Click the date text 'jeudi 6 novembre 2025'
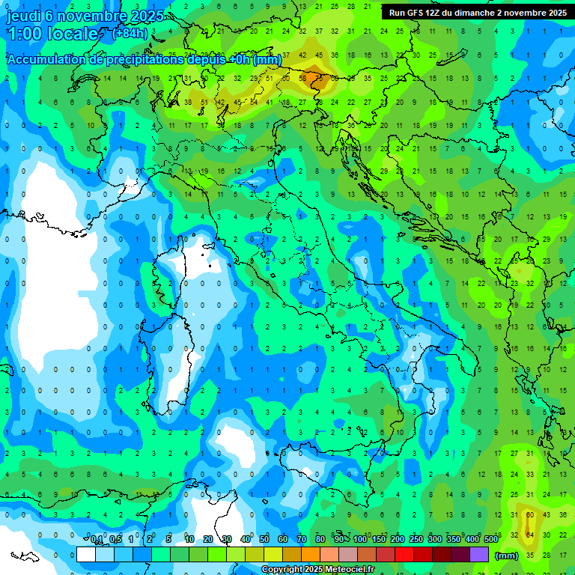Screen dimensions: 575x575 click(83, 16)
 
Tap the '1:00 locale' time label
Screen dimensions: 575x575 click(52, 34)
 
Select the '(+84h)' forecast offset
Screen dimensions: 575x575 click(130, 34)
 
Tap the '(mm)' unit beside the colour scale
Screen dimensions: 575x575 click(506, 556)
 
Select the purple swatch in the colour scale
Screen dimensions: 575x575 click(479, 555)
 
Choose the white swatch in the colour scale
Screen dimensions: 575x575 click(86, 555)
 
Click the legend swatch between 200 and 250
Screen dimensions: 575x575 click(404, 555)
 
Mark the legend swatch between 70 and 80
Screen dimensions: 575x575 click(311, 555)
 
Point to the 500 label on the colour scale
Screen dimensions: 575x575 click(490, 540)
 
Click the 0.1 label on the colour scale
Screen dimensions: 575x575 click(97, 540)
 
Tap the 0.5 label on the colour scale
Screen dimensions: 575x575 click(115, 540)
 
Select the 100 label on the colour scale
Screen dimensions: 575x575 click(360, 540)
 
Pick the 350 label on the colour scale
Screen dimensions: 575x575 click(453, 540)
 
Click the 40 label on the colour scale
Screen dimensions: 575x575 click(246, 540)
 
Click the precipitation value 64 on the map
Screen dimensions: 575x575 click(530, 534)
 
